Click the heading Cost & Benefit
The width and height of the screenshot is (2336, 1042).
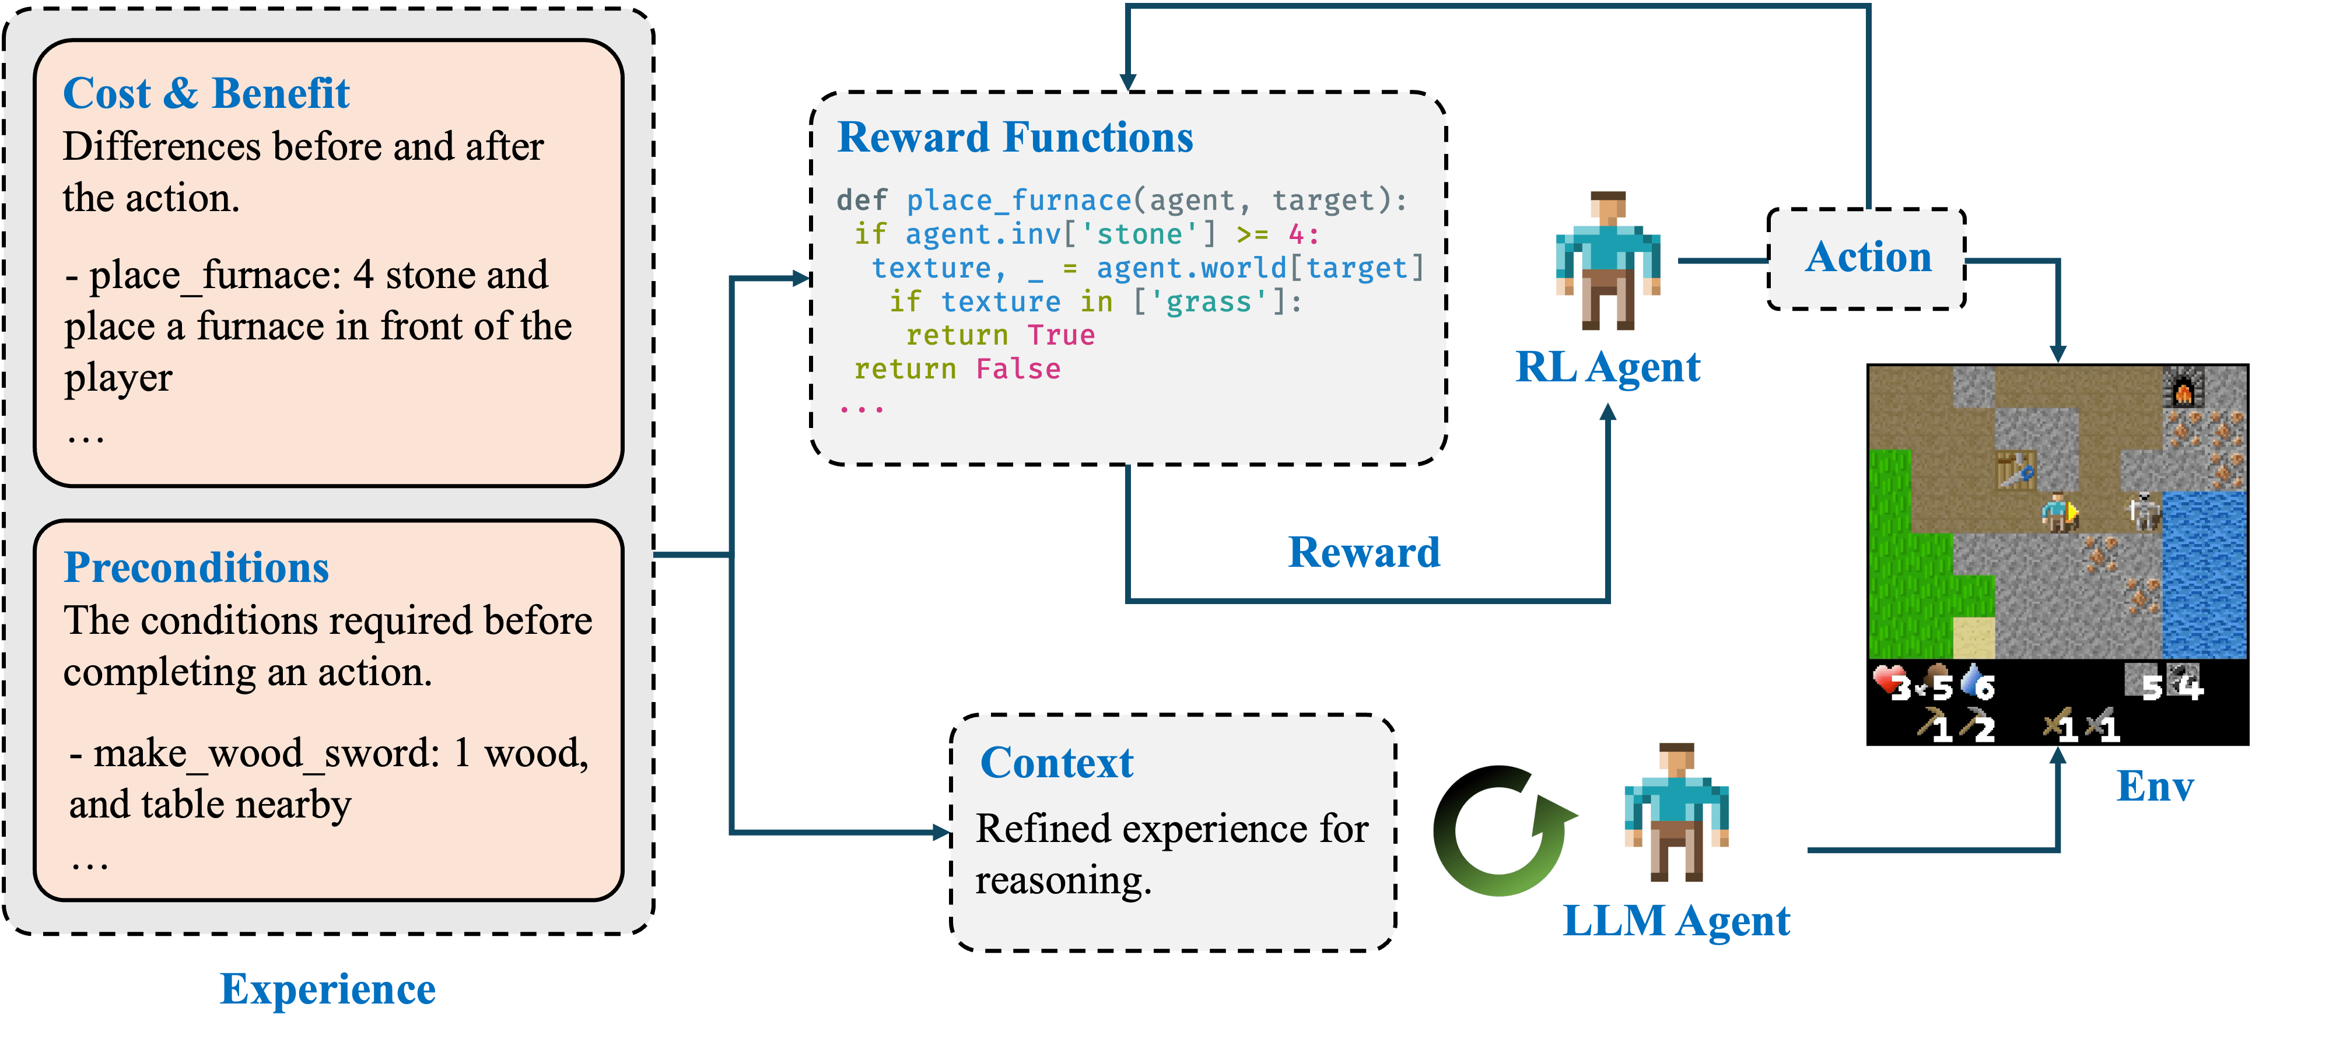206,93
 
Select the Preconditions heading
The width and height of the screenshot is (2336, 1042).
196,568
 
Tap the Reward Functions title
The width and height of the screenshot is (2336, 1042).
1015,138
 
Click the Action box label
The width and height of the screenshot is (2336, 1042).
1868,258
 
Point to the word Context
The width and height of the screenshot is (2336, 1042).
1056,763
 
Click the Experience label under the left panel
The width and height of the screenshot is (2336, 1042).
328,988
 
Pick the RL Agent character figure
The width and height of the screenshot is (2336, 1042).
1608,261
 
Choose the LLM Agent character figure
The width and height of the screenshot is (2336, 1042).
1676,813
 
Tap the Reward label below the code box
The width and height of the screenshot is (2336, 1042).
1364,552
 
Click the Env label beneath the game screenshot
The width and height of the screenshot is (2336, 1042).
2155,786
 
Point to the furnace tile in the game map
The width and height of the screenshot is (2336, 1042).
2183,389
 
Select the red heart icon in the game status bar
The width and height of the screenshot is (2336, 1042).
1886,680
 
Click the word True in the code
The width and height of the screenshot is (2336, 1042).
1061,335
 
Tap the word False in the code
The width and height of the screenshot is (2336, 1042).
1017,369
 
